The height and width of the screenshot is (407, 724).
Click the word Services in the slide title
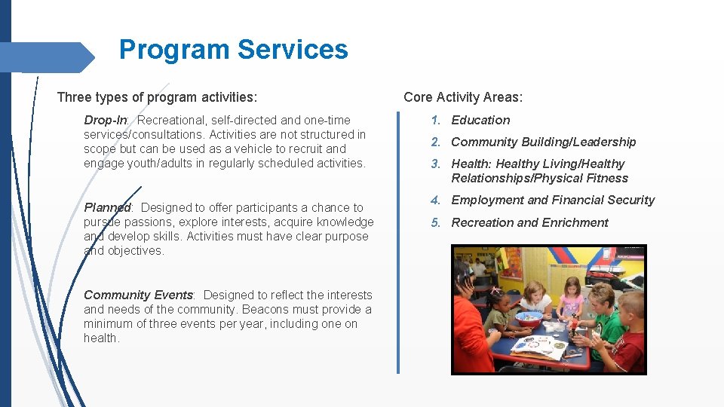tap(293, 50)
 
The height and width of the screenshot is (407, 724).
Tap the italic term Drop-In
tap(106, 120)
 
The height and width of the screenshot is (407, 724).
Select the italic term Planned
tap(108, 207)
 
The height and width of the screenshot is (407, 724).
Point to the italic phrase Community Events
tap(140, 295)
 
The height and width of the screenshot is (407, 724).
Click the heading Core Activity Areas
tap(462, 96)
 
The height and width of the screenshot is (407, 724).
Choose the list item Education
tap(480, 120)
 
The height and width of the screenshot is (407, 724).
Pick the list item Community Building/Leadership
tap(543, 142)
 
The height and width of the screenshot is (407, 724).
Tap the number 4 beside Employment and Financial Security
tap(435, 200)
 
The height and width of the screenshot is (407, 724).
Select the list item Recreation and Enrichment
tap(529, 222)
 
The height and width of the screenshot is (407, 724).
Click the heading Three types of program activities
tap(157, 96)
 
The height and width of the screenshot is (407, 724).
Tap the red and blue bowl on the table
tap(529, 318)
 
